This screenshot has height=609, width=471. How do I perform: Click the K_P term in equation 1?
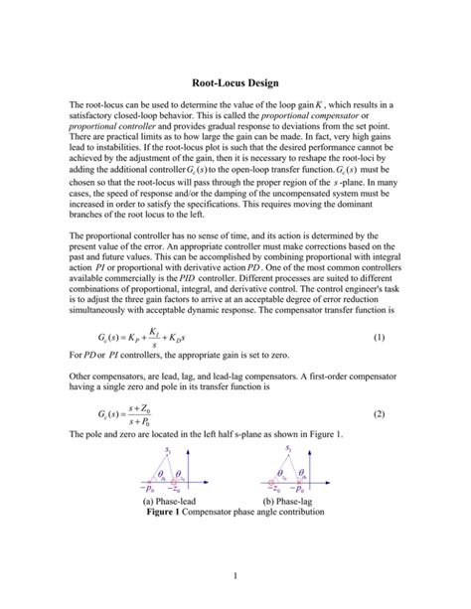point(125,339)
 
